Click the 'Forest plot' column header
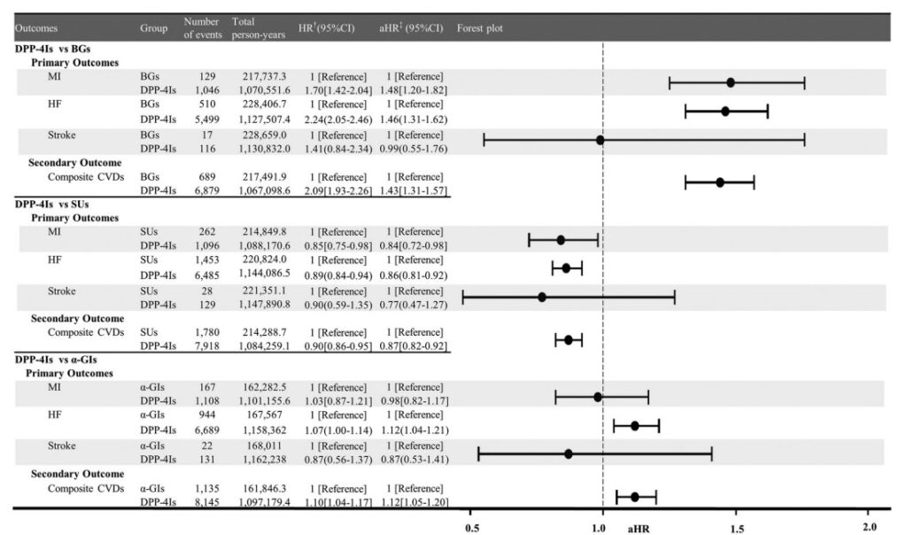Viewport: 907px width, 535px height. coord(479,27)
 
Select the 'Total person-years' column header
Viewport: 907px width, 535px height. coord(258,27)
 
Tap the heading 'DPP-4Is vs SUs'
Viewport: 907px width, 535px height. coord(51,204)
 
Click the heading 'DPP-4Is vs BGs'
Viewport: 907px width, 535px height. coord(52,49)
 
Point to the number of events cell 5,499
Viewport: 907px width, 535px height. coord(207,120)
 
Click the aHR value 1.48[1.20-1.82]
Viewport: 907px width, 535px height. coord(413,90)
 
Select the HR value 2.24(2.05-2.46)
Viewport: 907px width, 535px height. coord(337,120)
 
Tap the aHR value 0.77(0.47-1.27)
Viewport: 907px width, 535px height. coord(413,305)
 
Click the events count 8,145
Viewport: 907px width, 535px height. coord(207,502)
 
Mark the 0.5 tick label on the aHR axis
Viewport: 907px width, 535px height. coord(472,528)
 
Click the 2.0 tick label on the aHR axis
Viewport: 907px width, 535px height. coord(870,527)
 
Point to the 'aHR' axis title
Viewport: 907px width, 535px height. coord(638,529)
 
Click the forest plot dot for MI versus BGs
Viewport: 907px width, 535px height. coord(731,82)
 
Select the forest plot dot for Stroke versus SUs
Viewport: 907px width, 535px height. coord(542,298)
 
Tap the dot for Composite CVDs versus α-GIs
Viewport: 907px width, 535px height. coord(634,497)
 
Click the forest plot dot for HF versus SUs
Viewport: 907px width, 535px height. coord(566,268)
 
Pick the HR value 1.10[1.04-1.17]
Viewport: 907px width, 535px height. coord(337,502)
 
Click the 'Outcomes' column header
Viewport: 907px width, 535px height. coord(35,27)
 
